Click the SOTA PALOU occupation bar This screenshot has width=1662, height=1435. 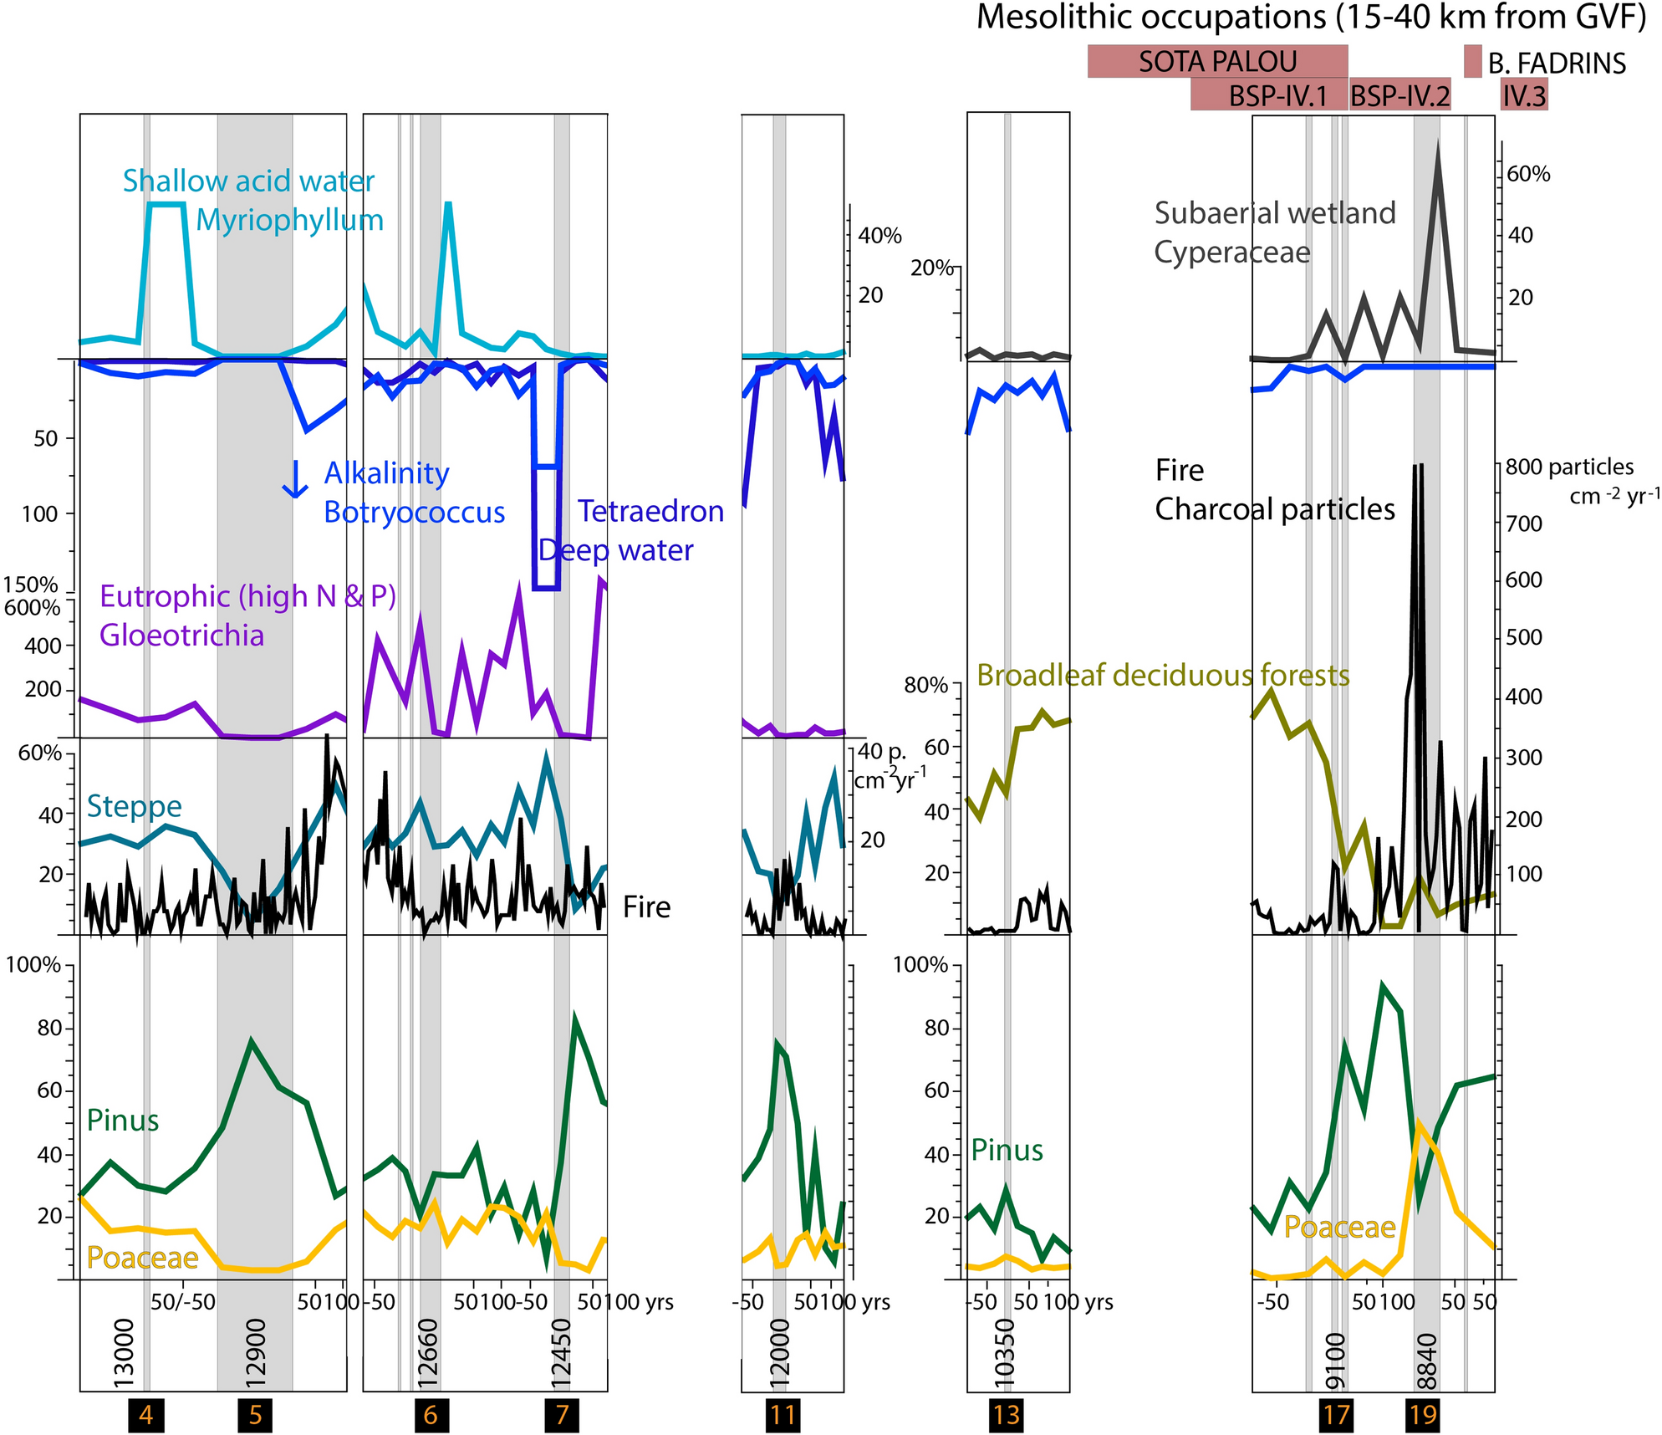(1216, 62)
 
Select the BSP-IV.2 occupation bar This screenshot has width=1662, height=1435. (1400, 96)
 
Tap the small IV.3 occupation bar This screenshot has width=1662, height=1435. (1524, 96)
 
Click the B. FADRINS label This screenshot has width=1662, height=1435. (1557, 64)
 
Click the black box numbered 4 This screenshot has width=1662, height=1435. (145, 1415)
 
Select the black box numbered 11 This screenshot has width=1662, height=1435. (783, 1415)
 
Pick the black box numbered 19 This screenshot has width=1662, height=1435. (1423, 1415)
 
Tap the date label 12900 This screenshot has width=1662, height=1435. (256, 1347)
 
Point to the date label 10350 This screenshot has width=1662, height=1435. (1006, 1347)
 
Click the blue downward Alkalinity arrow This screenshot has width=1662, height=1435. (294, 479)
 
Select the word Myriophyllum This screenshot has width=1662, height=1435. (289, 220)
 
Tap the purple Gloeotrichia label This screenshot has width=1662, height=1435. (181, 636)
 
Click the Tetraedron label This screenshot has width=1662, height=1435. (650, 511)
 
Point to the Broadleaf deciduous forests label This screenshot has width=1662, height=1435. (1163, 675)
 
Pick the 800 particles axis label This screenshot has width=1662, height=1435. (1568, 467)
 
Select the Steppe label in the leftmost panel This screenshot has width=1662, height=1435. (135, 805)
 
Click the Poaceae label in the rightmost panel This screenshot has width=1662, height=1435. (1339, 1227)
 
